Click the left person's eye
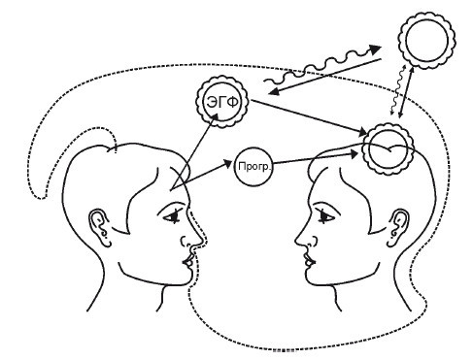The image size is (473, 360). (173, 216)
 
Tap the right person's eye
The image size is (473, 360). (324, 216)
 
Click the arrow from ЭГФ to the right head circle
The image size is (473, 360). (310, 116)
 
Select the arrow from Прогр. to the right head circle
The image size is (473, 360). (316, 158)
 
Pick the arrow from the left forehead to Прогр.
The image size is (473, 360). (201, 175)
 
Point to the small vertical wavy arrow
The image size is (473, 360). (398, 89)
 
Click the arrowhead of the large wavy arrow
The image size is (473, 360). (376, 49)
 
